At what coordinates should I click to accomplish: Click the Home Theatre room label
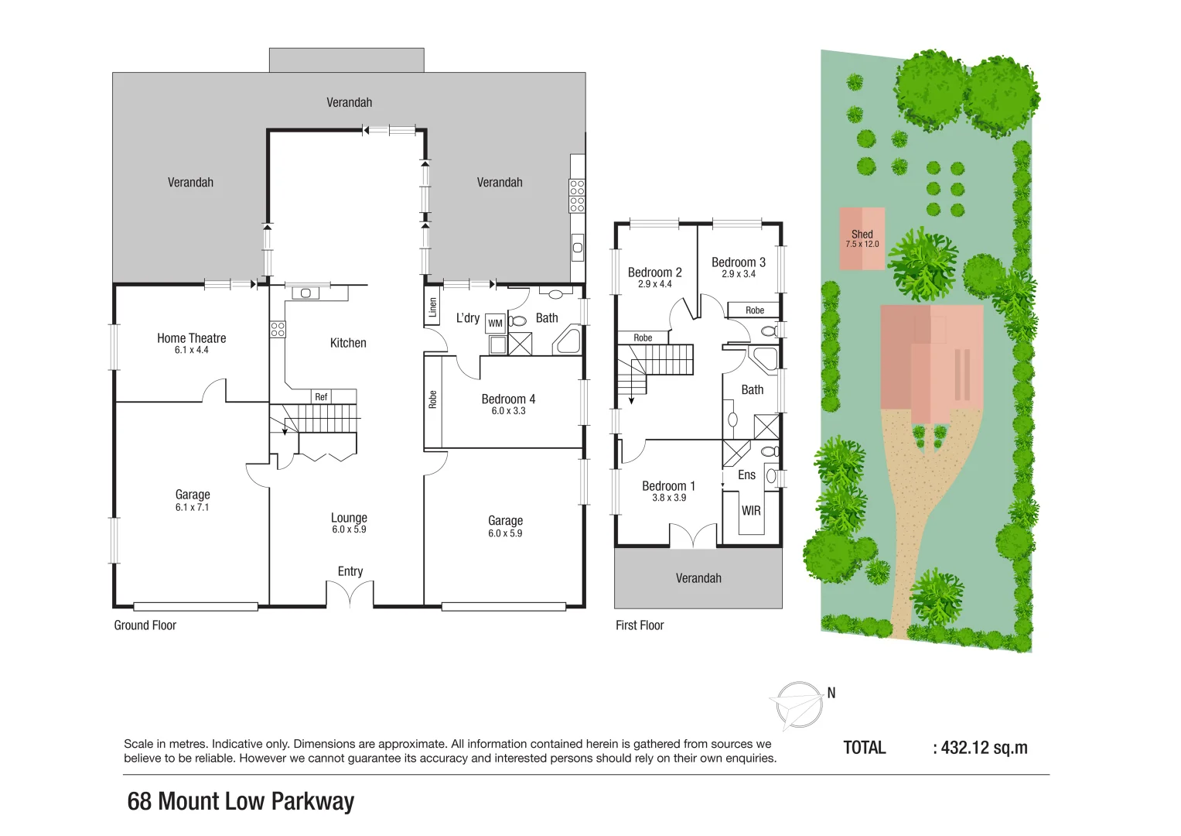(191, 338)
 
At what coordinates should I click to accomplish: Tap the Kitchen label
(348, 343)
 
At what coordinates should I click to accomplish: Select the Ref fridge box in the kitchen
(321, 397)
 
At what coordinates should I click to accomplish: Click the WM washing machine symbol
(495, 324)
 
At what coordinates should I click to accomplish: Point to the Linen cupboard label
(433, 308)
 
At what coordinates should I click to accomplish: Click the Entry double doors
(350, 595)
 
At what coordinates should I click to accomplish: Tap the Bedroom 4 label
(508, 399)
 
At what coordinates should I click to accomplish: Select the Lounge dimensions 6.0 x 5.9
(349, 529)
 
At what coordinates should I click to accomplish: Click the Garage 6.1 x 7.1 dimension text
(192, 508)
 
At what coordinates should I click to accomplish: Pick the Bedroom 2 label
(654, 272)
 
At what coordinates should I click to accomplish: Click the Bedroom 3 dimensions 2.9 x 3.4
(738, 274)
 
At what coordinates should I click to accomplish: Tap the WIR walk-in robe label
(751, 511)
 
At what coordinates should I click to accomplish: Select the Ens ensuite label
(746, 475)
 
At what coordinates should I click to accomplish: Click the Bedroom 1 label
(668, 486)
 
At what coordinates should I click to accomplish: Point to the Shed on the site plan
(862, 238)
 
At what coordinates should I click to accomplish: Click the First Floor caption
(640, 625)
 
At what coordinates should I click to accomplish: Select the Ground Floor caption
(145, 625)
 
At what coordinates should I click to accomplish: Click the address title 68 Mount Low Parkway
(241, 801)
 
